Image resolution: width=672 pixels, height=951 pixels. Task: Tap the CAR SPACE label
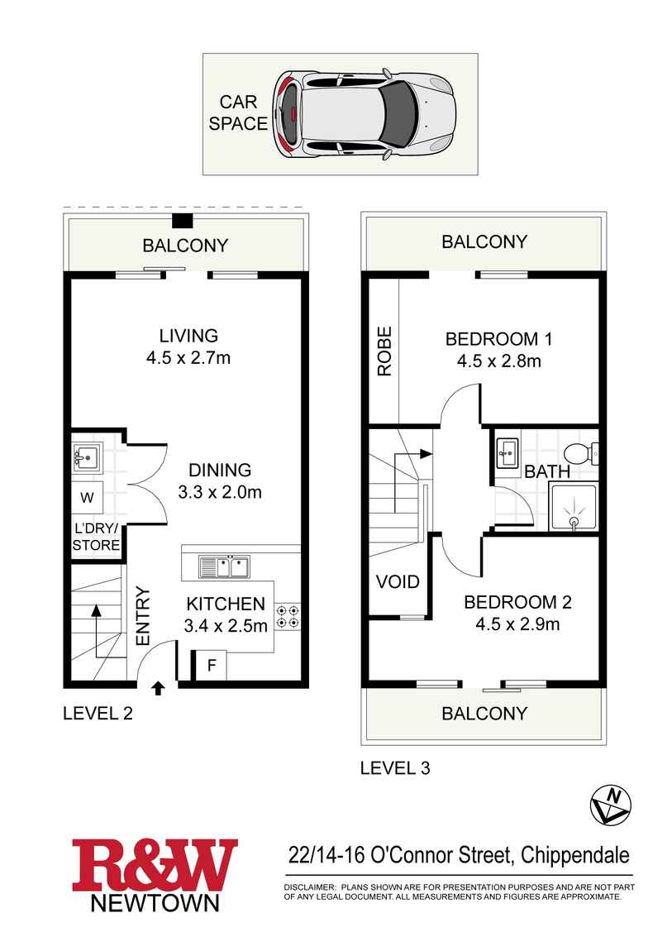[x=238, y=113]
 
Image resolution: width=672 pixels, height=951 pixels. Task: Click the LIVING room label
[x=188, y=336]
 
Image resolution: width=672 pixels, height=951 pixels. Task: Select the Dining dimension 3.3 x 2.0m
[x=220, y=492]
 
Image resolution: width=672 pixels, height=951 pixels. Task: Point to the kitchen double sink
[x=223, y=567]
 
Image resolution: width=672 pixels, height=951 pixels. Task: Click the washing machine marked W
[x=87, y=497]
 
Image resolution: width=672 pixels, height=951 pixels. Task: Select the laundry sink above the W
[x=87, y=455]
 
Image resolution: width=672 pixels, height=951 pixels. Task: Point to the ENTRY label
[x=141, y=616]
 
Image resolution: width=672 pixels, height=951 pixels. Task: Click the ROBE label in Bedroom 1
[x=384, y=351]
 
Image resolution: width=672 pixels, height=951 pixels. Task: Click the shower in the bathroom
[x=572, y=507]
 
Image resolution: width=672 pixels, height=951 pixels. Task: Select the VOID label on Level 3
[x=398, y=581]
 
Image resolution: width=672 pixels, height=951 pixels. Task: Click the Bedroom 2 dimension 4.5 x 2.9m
[x=517, y=624]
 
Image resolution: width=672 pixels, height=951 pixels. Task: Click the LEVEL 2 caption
[x=98, y=713]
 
